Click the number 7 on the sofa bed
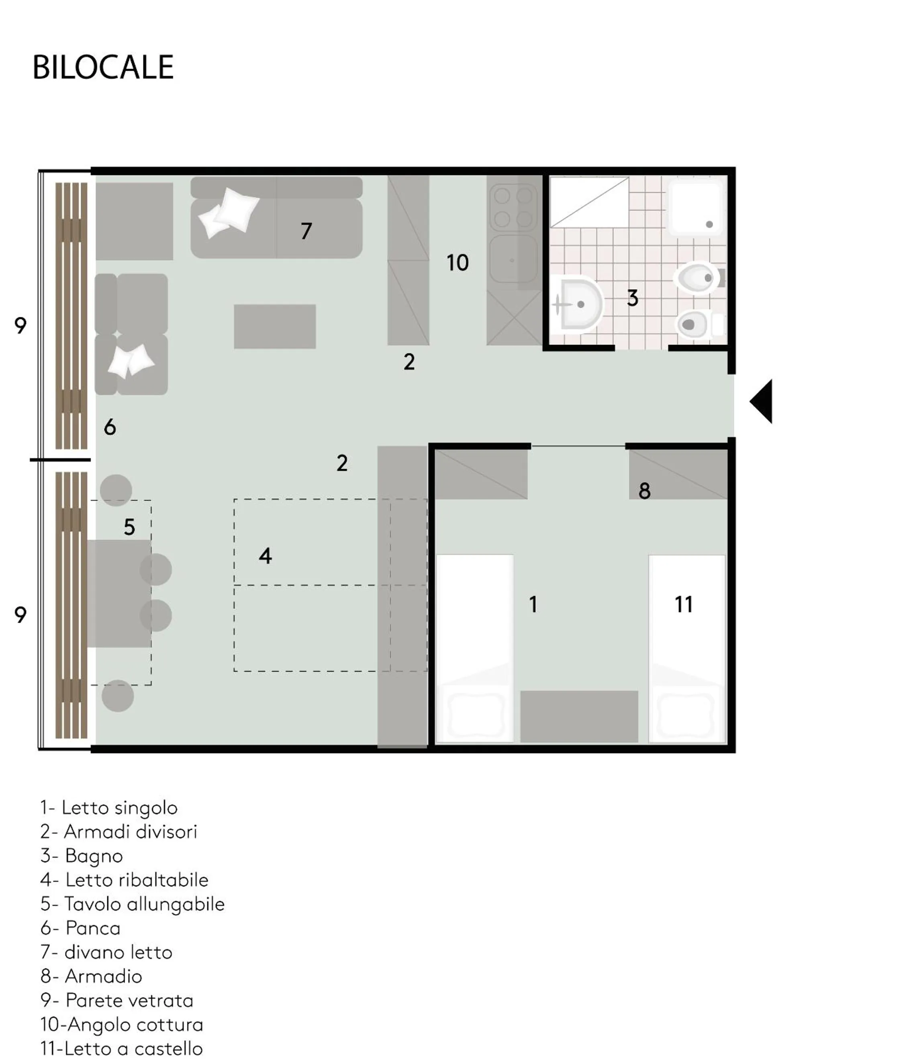tap(306, 231)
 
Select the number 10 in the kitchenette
tap(457, 263)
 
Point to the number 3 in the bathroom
tap(633, 298)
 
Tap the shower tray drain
tap(709, 224)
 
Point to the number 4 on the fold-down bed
tap(265, 555)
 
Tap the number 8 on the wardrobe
tap(644, 491)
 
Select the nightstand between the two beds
tap(579, 716)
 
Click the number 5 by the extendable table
tap(129, 527)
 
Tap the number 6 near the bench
tap(110, 427)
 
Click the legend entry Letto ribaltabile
tap(125, 879)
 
